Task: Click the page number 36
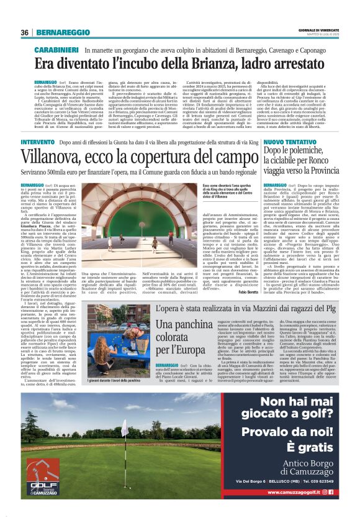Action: (25, 32)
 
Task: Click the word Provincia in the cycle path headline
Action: (312, 171)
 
